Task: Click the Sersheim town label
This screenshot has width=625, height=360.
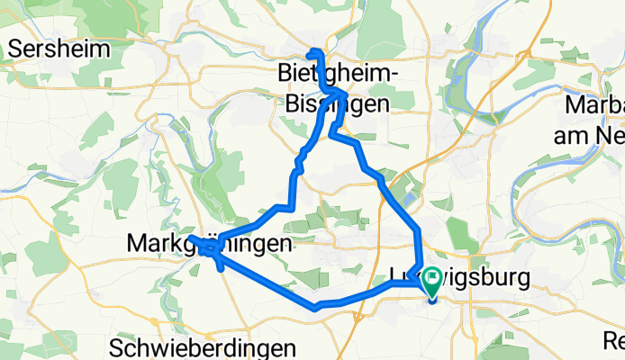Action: pyautogui.click(x=60, y=49)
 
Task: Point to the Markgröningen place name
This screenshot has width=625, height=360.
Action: pyautogui.click(x=212, y=244)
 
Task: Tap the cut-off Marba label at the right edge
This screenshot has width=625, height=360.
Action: pyautogui.click(x=594, y=104)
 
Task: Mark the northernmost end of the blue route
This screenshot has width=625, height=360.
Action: pyautogui.click(x=312, y=50)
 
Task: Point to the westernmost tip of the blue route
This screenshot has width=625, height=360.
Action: pyautogui.click(x=190, y=237)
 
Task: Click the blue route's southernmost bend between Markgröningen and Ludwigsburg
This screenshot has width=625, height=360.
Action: pyautogui.click(x=315, y=308)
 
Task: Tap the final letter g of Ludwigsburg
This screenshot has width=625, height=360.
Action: pyautogui.click(x=522, y=279)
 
